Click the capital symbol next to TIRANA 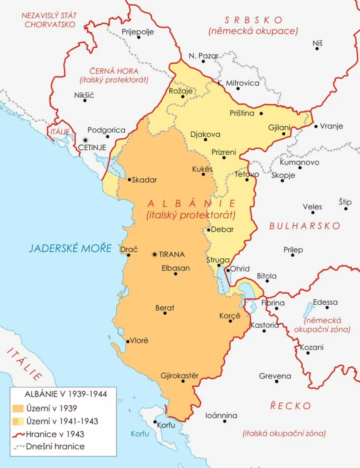pos(154,254)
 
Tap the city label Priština pos(242,113)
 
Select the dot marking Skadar pos(129,179)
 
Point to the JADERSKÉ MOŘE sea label pos(70,248)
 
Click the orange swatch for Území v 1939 pos(18,408)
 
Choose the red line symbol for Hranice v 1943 pos(18,434)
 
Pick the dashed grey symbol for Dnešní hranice pos(18,447)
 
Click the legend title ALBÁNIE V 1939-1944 pos(66,394)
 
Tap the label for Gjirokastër pos(180,375)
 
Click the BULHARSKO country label pos(305,226)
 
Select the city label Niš pos(317,43)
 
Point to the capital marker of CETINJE pos(85,140)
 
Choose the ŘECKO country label pos(290,406)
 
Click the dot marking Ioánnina pos(225,421)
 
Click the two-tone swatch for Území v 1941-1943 pos(18,421)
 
